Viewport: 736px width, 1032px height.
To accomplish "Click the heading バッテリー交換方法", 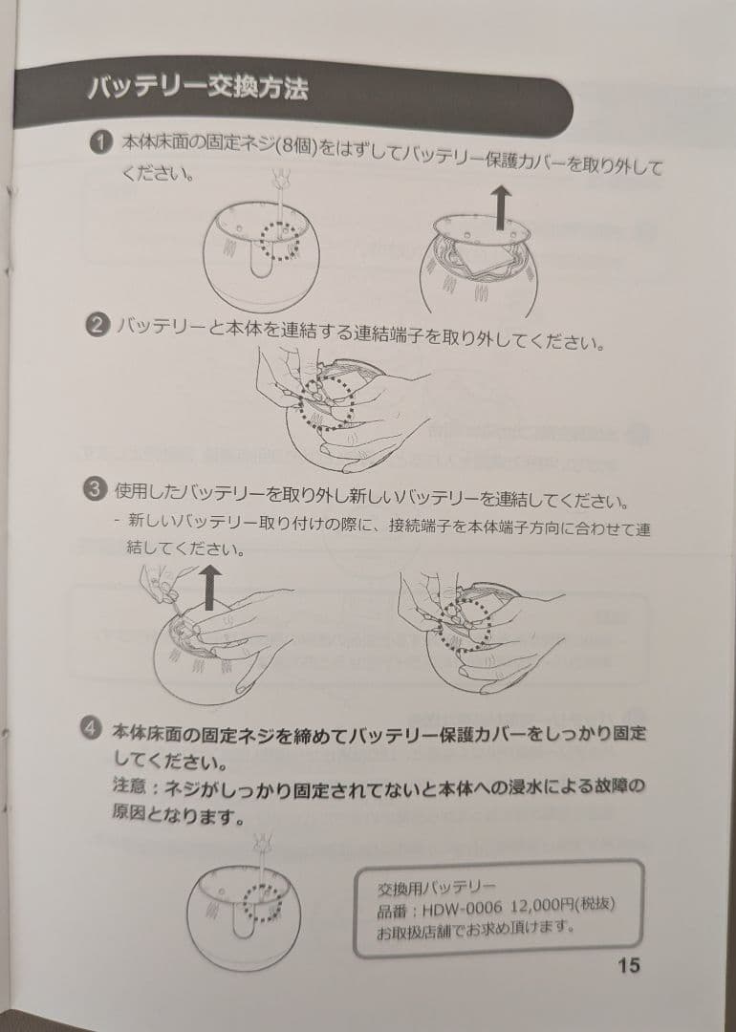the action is tap(198, 88).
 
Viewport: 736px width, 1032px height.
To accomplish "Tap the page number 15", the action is tap(629, 965).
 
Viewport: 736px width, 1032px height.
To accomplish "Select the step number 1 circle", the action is tap(100, 142).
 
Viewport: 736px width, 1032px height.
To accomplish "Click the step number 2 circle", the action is tap(97, 325).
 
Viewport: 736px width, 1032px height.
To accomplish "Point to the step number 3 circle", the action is tap(95, 489).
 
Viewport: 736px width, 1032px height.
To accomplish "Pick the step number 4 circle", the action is tap(92, 728).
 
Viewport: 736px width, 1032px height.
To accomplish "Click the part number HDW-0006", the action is tap(462, 909).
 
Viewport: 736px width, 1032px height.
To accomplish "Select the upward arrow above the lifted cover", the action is tap(503, 206).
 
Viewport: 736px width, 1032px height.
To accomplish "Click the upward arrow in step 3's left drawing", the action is tap(209, 588).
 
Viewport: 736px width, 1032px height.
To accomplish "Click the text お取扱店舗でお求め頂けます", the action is tap(476, 930).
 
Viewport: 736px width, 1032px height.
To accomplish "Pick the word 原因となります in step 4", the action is tap(178, 815).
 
